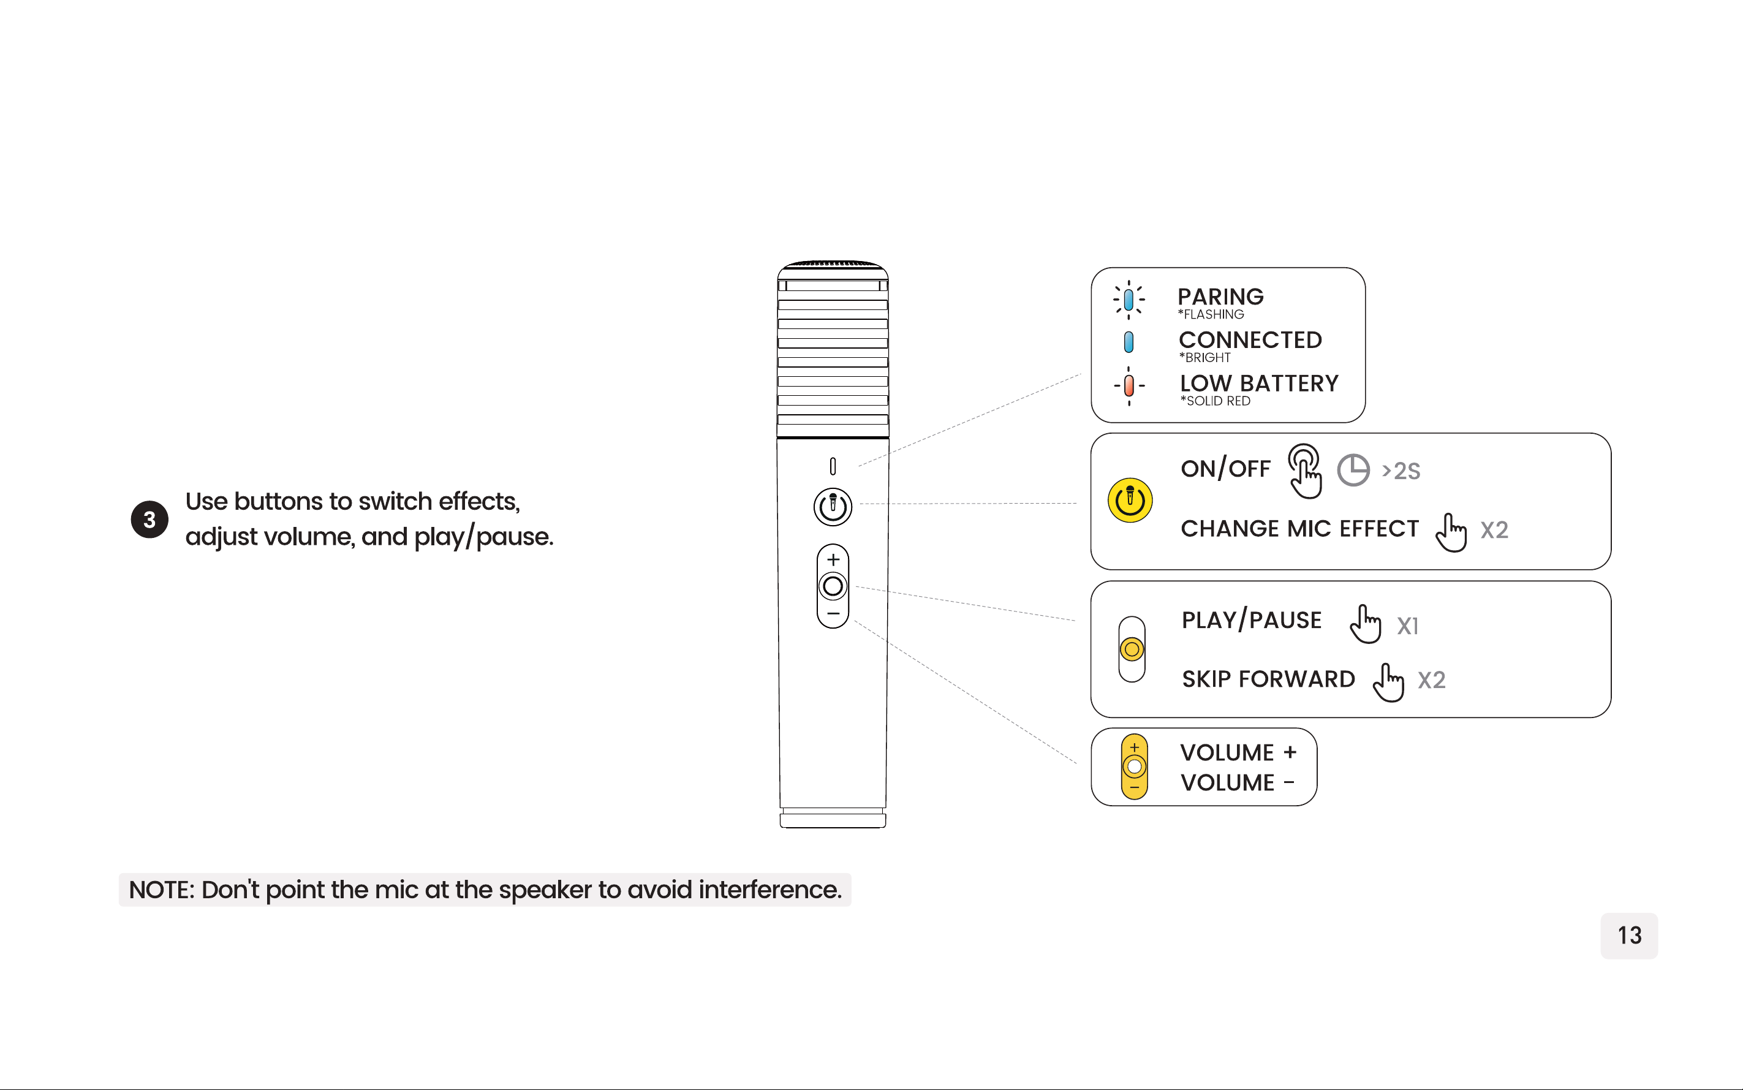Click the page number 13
click(x=1629, y=935)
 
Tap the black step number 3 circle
click(x=149, y=519)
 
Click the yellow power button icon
click(x=1130, y=499)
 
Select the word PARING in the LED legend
click(x=1220, y=297)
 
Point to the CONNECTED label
click(x=1250, y=339)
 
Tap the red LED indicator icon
click(x=1129, y=385)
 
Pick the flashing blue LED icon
click(x=1129, y=299)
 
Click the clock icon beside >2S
click(x=1353, y=470)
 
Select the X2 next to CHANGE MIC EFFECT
click(x=1494, y=530)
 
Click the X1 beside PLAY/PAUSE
click(x=1408, y=626)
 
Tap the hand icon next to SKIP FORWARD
click(x=1388, y=682)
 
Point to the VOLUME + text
click(x=1238, y=752)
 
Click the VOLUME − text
click(x=1238, y=782)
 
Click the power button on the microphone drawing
click(x=833, y=506)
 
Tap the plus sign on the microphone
click(x=833, y=559)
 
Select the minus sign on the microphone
click(x=833, y=613)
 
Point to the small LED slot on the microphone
click(x=833, y=466)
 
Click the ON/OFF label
click(x=1225, y=469)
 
